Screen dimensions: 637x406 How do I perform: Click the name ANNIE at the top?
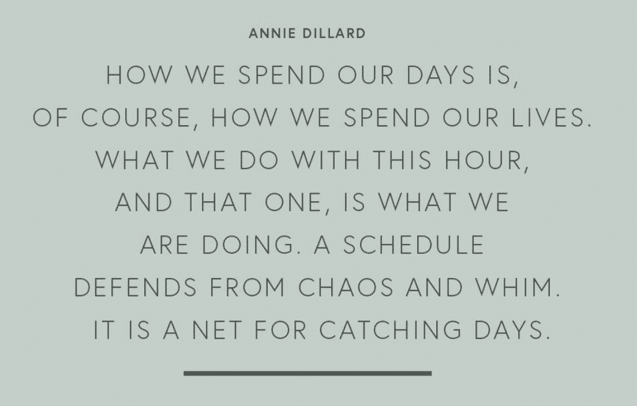[272, 33]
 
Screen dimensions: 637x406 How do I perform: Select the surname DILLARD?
[334, 33]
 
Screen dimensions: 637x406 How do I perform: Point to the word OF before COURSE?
[50, 118]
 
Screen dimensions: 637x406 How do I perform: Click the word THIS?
[402, 160]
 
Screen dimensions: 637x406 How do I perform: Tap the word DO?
[258, 160]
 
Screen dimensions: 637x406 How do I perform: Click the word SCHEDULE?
[414, 245]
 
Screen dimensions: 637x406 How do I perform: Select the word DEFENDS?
[135, 287]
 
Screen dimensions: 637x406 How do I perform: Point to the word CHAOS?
[346, 287]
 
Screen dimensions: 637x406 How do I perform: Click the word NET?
[217, 330]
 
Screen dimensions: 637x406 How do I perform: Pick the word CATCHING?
[391, 330]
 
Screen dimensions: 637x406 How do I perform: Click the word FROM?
[248, 287]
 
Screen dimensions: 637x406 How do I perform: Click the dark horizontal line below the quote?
[308, 373]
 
